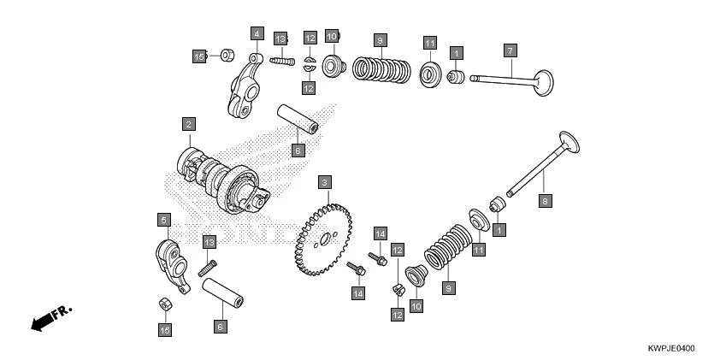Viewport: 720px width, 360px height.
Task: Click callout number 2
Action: tap(187, 125)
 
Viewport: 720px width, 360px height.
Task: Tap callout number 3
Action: tap(324, 182)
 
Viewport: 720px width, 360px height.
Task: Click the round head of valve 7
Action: tap(541, 84)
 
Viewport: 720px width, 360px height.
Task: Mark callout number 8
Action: tap(543, 200)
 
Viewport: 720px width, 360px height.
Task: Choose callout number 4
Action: tap(256, 33)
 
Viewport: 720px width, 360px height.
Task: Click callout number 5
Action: tap(162, 220)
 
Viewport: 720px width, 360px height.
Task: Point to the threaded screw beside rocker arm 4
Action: tap(282, 59)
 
